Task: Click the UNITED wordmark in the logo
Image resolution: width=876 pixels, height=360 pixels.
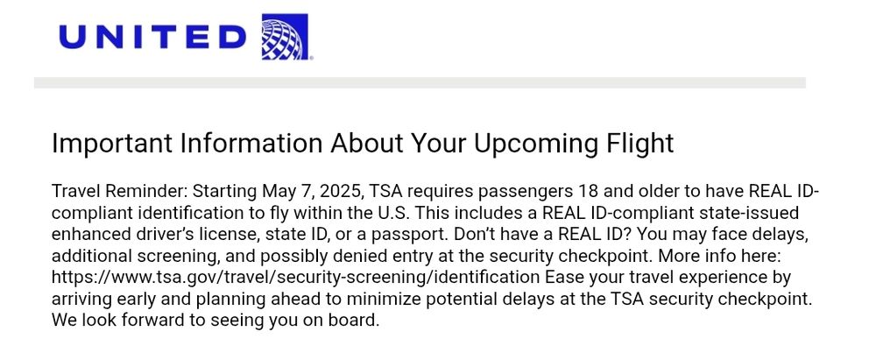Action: [152, 38]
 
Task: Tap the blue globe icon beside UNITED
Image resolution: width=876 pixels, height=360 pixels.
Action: [285, 36]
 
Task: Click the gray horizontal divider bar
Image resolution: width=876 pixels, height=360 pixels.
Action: [420, 82]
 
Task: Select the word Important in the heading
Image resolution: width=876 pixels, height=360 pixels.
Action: [112, 144]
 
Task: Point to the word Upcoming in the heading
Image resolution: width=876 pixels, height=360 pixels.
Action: [535, 144]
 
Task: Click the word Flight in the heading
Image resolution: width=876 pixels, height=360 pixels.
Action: [639, 144]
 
